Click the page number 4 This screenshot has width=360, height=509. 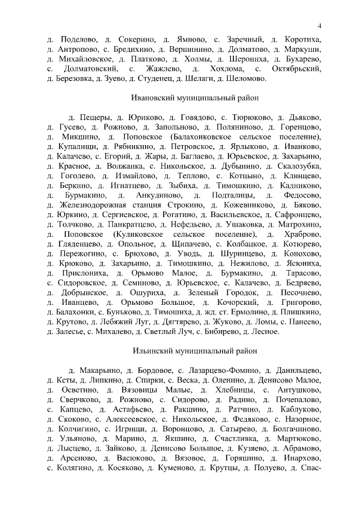(x=319, y=26)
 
